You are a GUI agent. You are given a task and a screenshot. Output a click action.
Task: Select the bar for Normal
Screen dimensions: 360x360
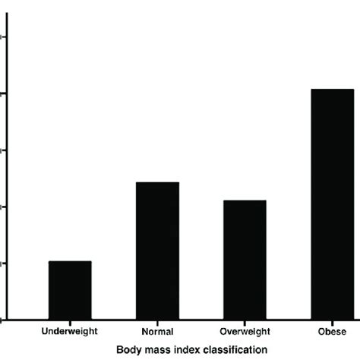tap(157, 251)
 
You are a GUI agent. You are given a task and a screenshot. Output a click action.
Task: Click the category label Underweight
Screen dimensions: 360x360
tap(70, 332)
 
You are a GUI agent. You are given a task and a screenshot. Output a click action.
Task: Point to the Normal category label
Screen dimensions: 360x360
tap(157, 332)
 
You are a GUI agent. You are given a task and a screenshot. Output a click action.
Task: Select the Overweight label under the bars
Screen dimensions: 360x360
tap(245, 332)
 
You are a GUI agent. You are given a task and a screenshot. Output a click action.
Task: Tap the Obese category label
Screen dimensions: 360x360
tap(332, 332)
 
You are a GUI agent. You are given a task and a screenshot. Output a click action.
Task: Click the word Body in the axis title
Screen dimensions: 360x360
tap(128, 349)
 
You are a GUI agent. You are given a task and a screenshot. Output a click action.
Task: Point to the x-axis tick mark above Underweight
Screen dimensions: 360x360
tap(70, 323)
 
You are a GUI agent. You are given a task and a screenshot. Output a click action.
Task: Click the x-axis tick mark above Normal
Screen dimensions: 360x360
tap(157, 323)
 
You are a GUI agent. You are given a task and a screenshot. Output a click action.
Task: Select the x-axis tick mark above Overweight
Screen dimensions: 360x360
tap(245, 323)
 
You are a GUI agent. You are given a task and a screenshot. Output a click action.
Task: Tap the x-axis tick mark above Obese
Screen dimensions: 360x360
tap(332, 323)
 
